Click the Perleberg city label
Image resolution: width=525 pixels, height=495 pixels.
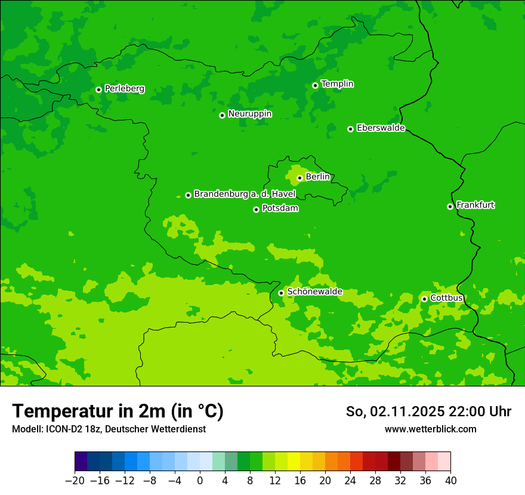point(125,89)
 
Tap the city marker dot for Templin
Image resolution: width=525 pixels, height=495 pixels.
point(315,85)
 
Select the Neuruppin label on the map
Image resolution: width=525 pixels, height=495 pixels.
point(250,114)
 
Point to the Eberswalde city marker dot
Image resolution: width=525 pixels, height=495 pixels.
point(350,129)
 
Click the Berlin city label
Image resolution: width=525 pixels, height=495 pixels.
point(317,177)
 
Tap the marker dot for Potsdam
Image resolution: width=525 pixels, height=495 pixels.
point(256,209)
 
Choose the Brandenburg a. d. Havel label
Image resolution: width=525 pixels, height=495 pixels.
point(245,194)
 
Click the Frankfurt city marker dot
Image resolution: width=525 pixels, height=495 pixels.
point(450,207)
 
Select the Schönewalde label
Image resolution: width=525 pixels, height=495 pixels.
point(315,292)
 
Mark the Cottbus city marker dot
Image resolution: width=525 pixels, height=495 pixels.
point(424,299)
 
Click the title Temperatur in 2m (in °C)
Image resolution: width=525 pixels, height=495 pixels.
point(118,412)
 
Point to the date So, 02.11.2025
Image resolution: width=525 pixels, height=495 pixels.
point(395,412)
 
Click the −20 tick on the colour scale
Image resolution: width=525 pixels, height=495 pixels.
point(75,481)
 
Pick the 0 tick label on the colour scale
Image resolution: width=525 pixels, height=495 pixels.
point(200,481)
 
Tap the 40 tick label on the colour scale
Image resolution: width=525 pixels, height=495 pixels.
point(450,481)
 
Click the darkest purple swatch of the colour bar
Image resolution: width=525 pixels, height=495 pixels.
point(81,462)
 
